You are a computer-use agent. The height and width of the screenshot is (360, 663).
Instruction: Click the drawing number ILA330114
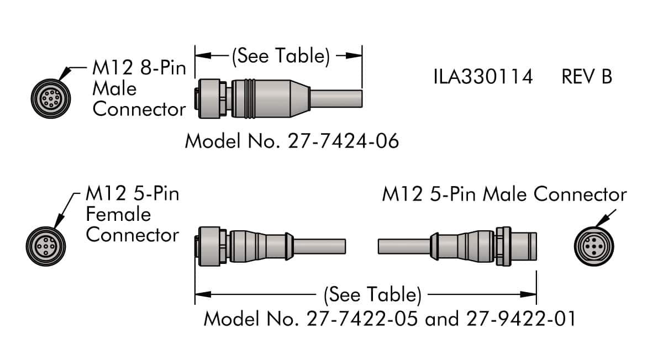click(483, 77)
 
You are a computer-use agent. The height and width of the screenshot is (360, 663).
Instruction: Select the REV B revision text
click(587, 77)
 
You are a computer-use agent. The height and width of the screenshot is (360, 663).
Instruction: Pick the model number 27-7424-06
click(343, 141)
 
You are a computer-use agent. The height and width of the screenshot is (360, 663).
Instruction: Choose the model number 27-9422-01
click(520, 319)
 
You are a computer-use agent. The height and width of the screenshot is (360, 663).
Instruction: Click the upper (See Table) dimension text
click(281, 56)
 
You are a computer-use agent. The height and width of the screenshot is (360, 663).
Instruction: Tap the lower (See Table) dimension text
click(372, 294)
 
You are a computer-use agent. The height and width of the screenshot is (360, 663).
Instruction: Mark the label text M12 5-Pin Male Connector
click(504, 194)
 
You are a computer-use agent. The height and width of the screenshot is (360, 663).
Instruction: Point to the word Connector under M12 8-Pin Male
click(139, 109)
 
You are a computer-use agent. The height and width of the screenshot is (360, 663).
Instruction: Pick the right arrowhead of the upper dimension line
click(356, 55)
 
